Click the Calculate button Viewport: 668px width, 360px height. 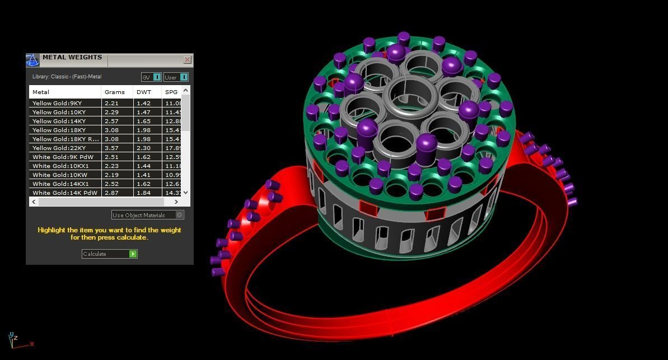click(x=109, y=254)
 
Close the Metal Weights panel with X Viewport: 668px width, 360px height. click(x=187, y=60)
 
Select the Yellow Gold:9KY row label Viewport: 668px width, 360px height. click(x=57, y=104)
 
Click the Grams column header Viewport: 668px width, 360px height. click(x=115, y=92)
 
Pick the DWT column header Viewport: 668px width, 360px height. click(x=144, y=92)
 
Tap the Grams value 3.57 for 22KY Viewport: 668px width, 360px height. click(x=112, y=148)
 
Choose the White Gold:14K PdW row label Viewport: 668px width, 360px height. click(x=65, y=193)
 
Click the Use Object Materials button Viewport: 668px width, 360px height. click(x=147, y=215)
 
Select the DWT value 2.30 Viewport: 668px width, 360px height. click(x=143, y=148)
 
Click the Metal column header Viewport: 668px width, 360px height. click(x=41, y=92)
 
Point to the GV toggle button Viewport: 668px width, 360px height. click(x=151, y=77)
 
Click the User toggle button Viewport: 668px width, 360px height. click(x=176, y=77)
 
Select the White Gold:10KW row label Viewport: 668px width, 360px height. click(x=60, y=175)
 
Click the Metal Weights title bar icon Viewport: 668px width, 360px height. click(x=32, y=60)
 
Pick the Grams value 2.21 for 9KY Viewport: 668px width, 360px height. click(x=112, y=104)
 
